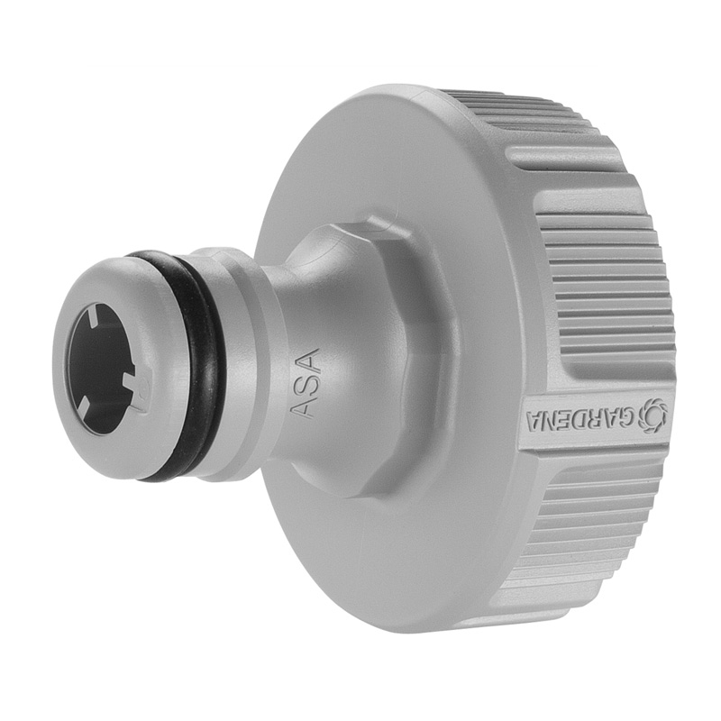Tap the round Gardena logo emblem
pos(652,415)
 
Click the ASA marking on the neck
pos(306,382)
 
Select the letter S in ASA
pos(306,383)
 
